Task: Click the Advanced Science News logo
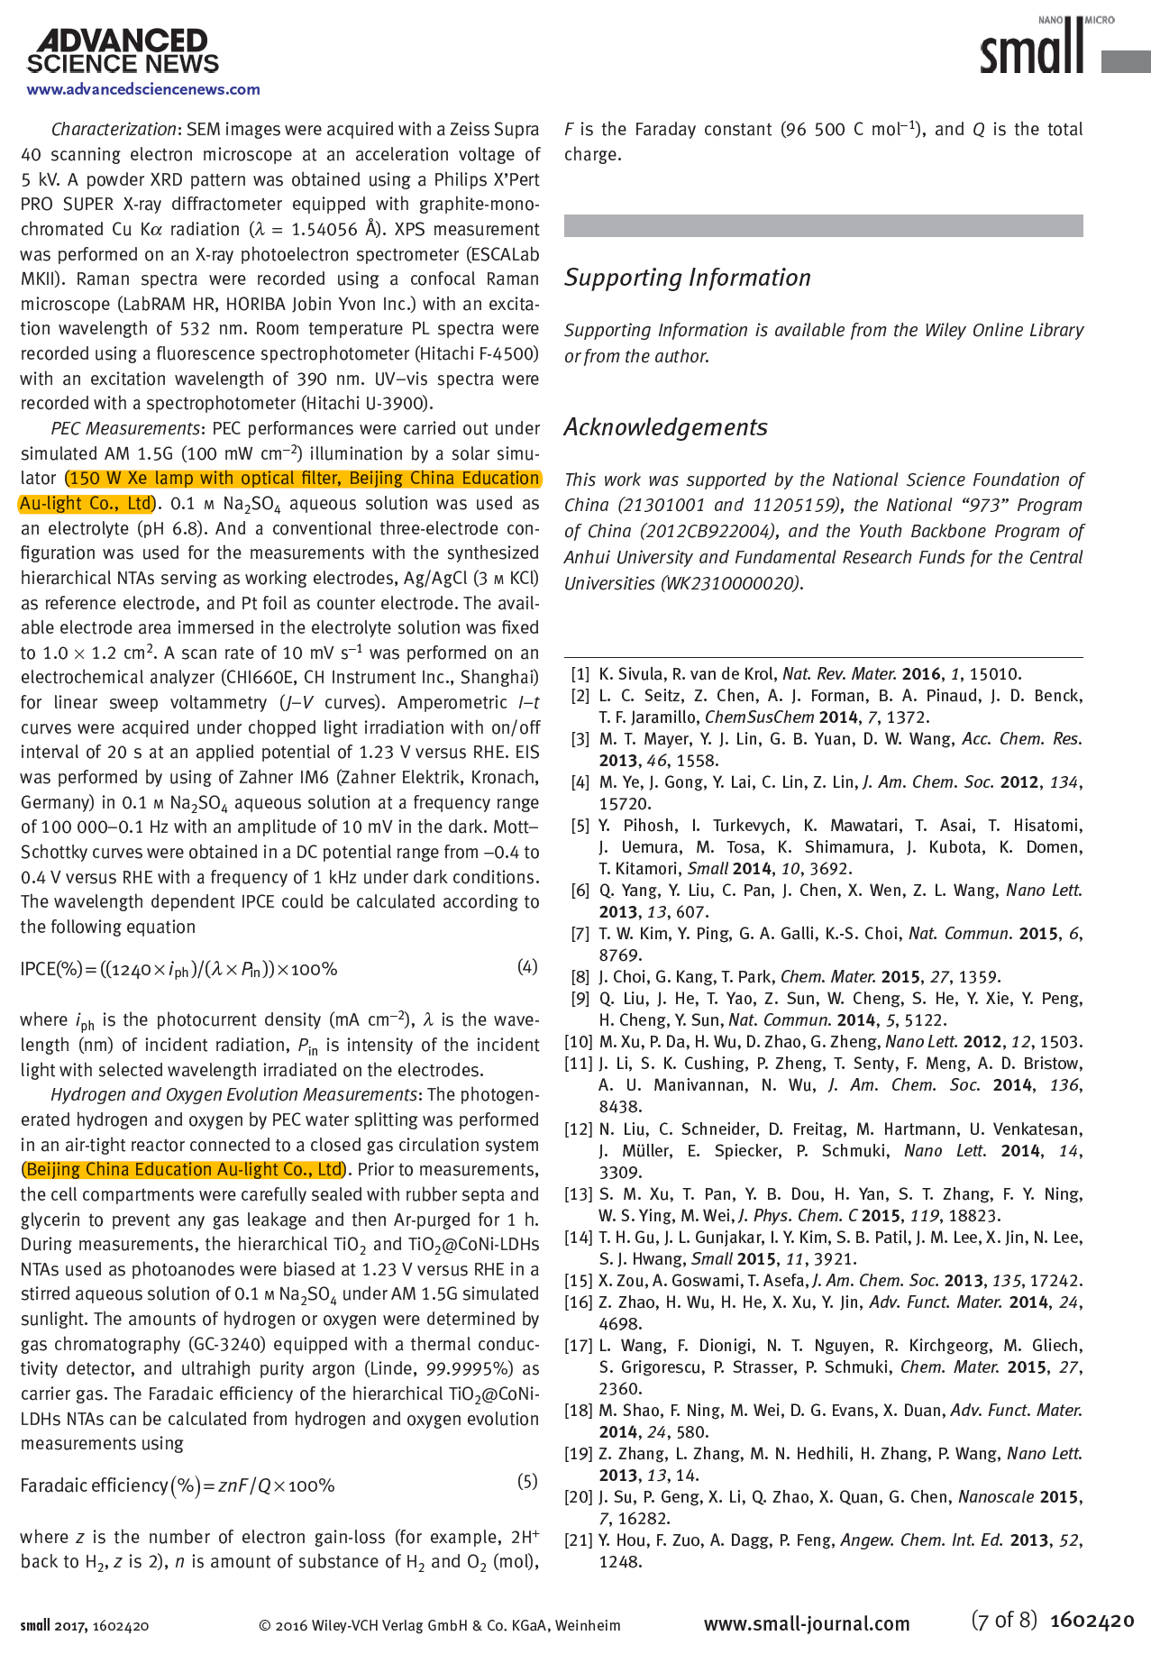click(x=123, y=51)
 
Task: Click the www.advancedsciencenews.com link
click(x=143, y=89)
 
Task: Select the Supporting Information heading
click(x=687, y=278)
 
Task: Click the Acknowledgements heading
click(x=665, y=427)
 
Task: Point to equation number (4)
click(x=527, y=967)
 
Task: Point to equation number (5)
click(x=527, y=1481)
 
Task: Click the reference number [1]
click(x=580, y=674)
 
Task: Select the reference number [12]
click(x=579, y=1129)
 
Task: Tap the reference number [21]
click(x=579, y=1540)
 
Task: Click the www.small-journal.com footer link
click(x=807, y=1623)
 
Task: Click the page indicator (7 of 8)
click(x=1004, y=1620)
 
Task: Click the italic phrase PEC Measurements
click(x=124, y=428)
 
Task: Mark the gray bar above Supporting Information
click(x=823, y=225)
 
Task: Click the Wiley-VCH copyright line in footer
click(x=439, y=1625)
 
